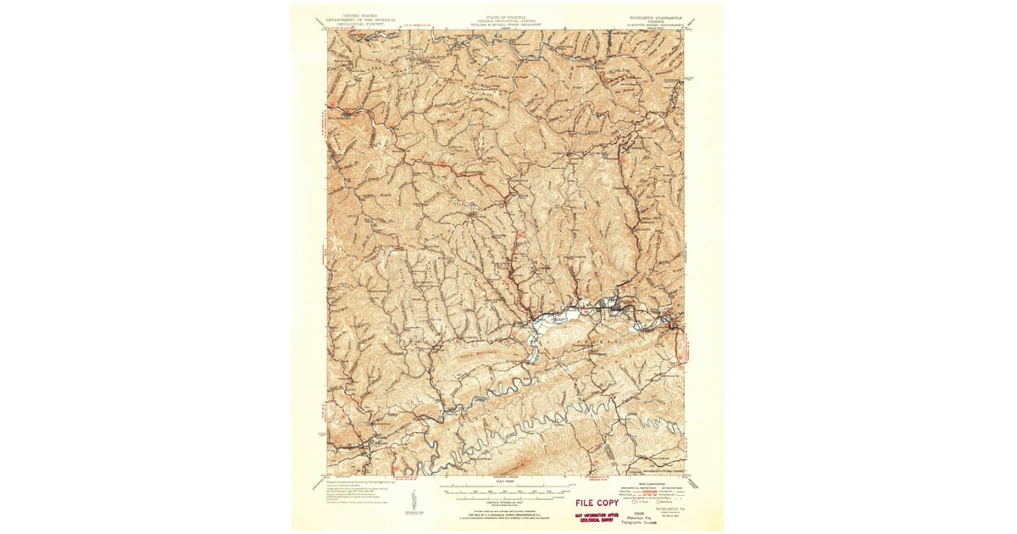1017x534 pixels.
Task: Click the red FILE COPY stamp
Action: point(597,503)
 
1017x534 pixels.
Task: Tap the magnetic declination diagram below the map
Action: point(414,500)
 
